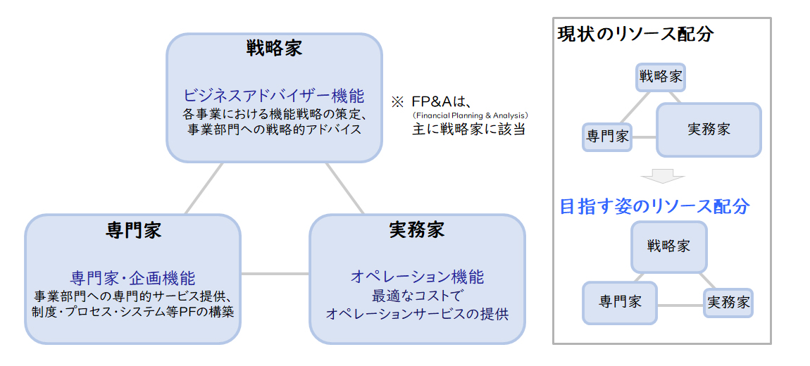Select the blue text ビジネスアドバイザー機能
point(274,96)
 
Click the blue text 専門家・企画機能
point(132,278)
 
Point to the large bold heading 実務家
point(416,229)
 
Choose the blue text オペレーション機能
point(417,277)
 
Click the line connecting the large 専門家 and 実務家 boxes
point(275,274)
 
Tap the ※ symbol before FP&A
point(397,101)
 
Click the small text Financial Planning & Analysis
point(470,115)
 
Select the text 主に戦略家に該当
point(468,129)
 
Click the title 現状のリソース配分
point(636,34)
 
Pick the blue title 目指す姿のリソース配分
point(655,206)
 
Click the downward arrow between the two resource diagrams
point(663,176)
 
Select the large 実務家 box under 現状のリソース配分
point(709,130)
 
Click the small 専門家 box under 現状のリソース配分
point(607,137)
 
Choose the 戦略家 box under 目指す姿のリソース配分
point(669,247)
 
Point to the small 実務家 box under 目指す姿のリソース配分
point(728,303)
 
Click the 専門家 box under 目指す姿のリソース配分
point(620,303)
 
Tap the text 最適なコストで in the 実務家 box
point(417,296)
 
